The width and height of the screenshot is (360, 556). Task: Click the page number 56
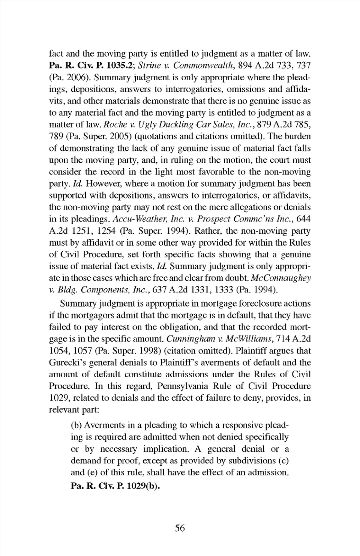click(x=180, y=528)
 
